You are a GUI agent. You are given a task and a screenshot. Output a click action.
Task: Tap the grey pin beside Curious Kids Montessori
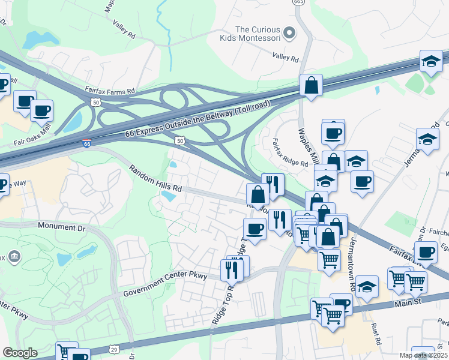289,34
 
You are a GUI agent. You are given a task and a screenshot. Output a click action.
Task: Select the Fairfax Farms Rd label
110,91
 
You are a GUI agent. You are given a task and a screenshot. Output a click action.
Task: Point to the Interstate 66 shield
87,144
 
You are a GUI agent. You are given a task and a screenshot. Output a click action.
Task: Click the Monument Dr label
62,227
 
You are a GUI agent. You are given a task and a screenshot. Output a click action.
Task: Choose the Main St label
410,305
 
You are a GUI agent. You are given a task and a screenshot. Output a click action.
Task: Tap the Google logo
20,353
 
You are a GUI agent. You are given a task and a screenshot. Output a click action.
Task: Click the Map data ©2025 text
423,355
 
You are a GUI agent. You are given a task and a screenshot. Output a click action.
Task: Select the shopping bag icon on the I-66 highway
312,86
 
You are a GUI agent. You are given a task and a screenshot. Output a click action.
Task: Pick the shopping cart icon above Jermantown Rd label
329,260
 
